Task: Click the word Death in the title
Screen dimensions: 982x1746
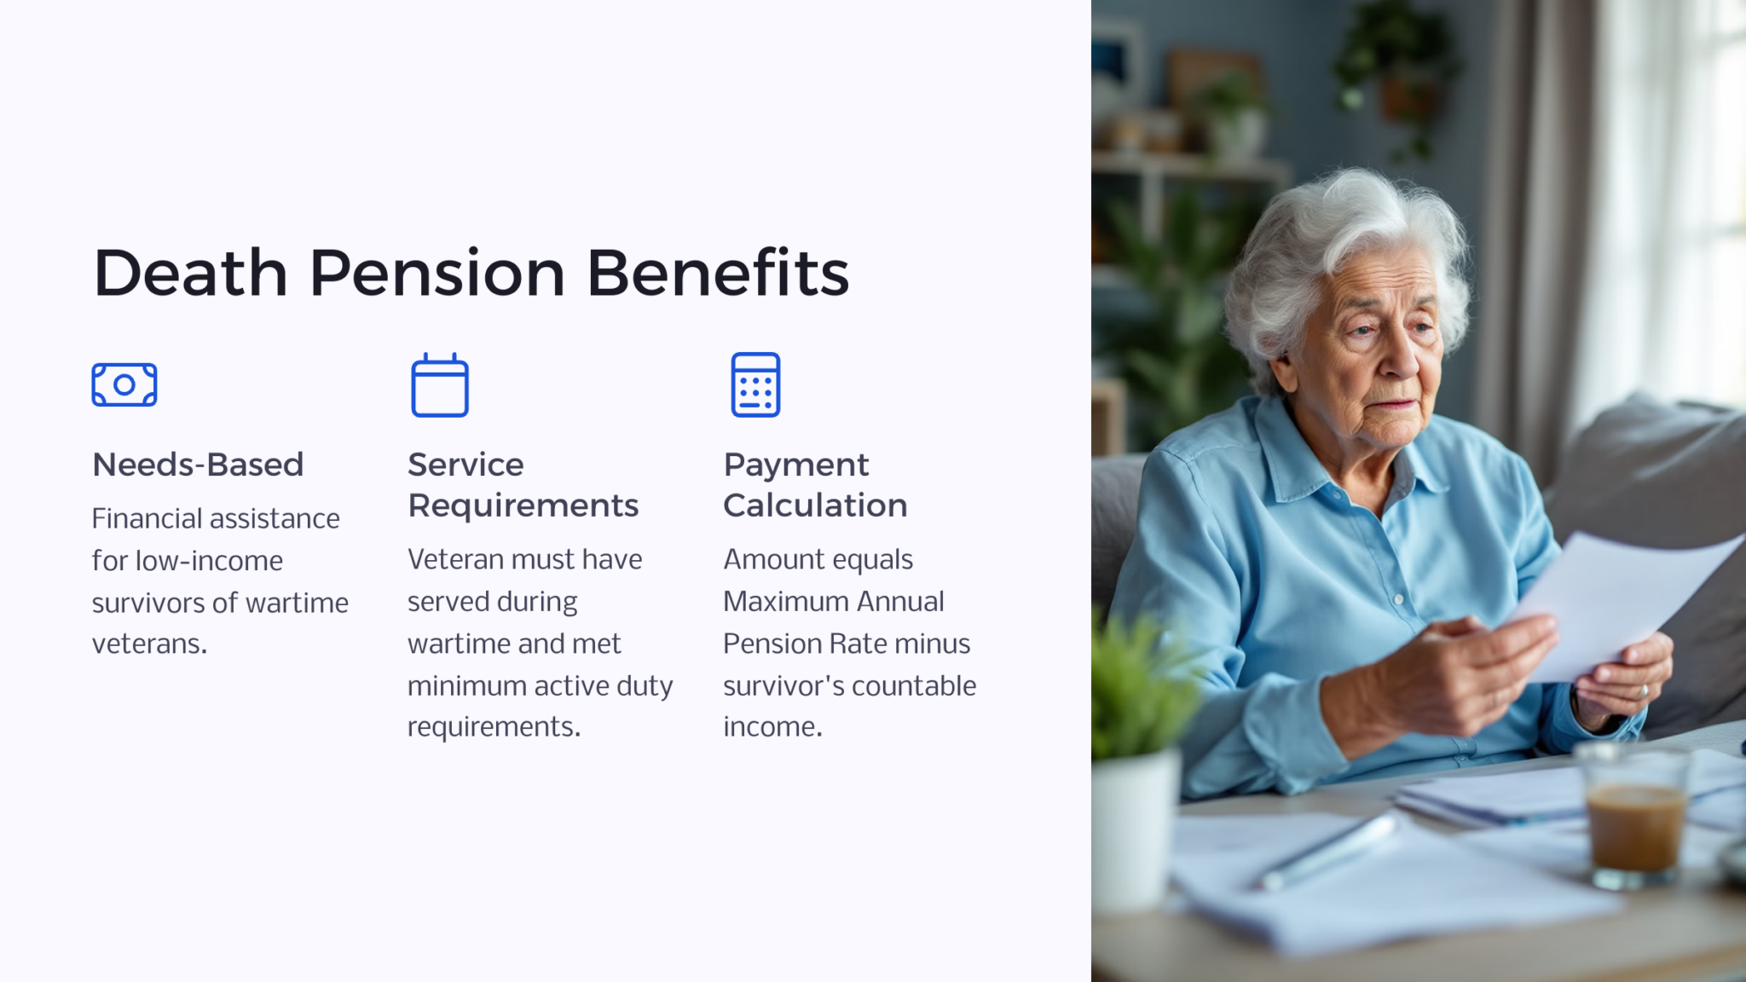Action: (190, 274)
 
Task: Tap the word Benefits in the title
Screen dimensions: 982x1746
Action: (718, 274)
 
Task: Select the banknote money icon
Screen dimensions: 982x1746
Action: (124, 384)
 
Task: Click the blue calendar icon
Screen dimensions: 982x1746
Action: (440, 385)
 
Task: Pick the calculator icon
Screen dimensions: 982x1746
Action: (755, 384)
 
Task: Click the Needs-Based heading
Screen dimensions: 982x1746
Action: (198, 465)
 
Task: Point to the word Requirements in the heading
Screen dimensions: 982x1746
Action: (523, 505)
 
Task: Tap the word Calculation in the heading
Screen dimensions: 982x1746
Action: (815, 505)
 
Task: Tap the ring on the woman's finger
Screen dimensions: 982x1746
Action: (1645, 690)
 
